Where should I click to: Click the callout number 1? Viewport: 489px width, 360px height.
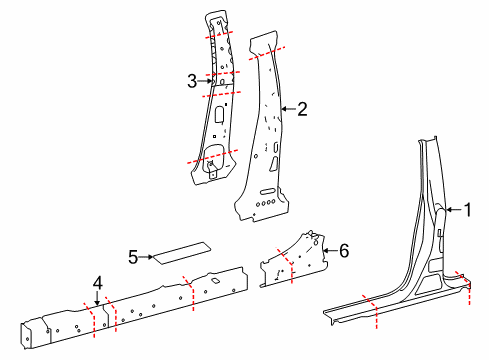[468, 210]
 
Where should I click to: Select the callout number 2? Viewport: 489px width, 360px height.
[302, 109]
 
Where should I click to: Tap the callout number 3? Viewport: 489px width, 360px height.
[192, 81]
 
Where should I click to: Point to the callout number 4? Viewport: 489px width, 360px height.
[97, 283]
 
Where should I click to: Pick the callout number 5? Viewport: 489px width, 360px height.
[133, 257]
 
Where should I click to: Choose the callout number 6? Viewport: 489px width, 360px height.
[344, 250]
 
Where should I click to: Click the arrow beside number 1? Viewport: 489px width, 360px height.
[454, 210]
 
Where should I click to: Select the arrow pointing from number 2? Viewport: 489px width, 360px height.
[288, 109]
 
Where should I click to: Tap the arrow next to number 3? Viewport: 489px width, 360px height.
[205, 81]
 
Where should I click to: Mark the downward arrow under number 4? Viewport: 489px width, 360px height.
[97, 299]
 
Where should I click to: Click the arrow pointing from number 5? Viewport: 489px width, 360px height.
[146, 257]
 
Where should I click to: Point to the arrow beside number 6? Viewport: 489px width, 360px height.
[330, 250]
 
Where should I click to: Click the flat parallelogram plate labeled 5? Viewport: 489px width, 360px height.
[182, 253]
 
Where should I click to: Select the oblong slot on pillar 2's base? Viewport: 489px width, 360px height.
[268, 191]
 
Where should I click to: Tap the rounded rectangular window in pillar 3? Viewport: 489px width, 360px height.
[220, 114]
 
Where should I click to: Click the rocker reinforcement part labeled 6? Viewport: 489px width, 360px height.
[293, 260]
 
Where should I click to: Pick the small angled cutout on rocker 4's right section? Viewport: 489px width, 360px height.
[215, 281]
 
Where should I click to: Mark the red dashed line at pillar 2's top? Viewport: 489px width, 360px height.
[267, 53]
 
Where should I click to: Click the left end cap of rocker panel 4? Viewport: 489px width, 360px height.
[26, 336]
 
